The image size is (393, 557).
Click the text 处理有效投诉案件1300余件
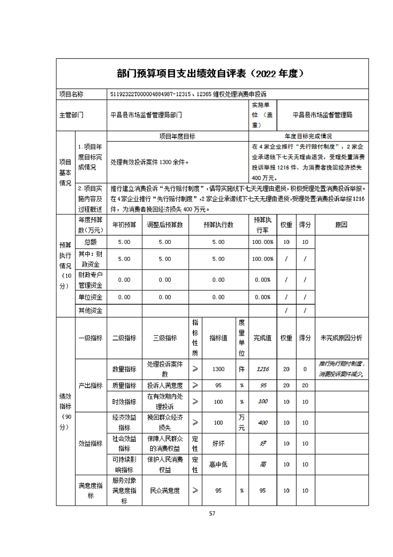(150, 162)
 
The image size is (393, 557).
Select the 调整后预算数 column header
(165, 224)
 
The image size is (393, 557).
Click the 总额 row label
(90, 242)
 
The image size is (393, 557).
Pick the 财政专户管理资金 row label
(90, 280)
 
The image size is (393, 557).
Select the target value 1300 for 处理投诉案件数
(218, 369)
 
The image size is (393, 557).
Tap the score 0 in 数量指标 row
(305, 369)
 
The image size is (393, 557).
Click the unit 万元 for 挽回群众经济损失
(242, 422)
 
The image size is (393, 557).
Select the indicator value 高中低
(218, 465)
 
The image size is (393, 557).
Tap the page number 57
(212, 513)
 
